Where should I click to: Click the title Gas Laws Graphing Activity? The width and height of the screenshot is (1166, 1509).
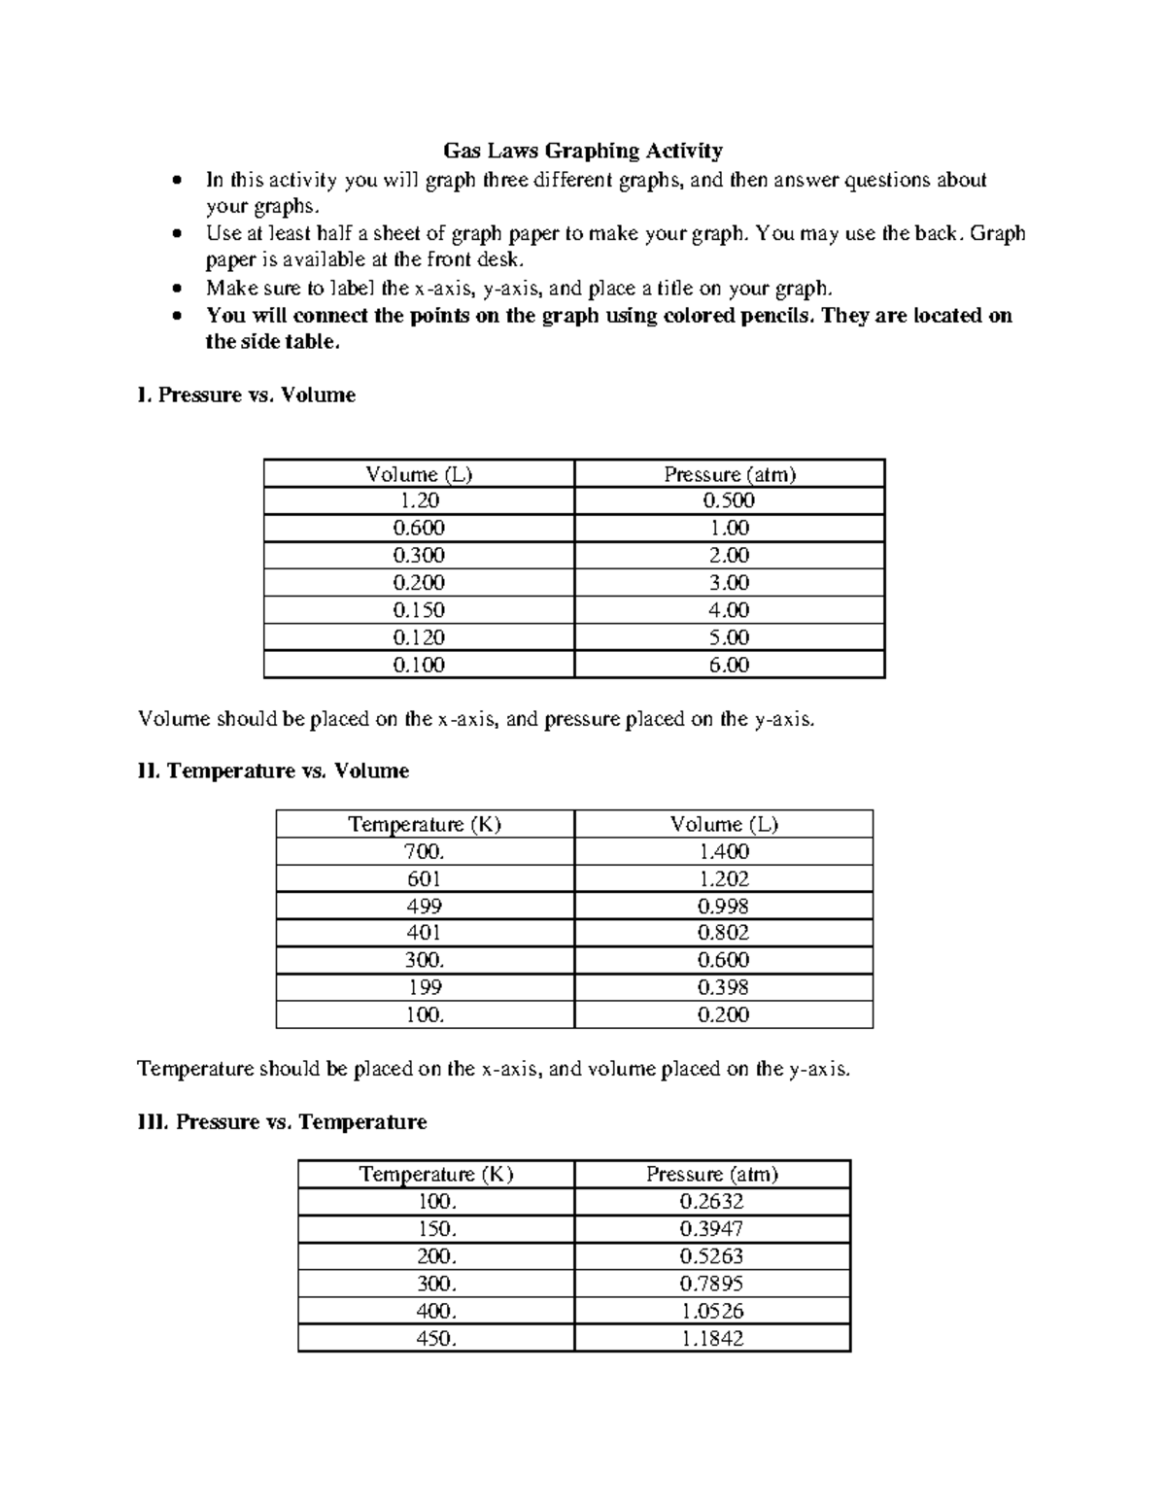click(x=583, y=151)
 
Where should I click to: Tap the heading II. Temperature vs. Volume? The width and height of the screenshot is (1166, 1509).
click(x=273, y=771)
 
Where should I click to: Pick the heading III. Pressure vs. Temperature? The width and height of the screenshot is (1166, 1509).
click(x=282, y=1122)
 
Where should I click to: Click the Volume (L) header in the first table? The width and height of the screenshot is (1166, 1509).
click(x=419, y=474)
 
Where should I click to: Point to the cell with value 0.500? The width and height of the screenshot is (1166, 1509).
click(x=730, y=500)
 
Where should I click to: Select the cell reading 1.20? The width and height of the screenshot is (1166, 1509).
click(x=419, y=500)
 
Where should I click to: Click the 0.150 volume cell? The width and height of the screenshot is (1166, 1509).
click(x=419, y=610)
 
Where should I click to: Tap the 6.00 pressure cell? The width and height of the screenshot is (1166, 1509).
click(x=730, y=666)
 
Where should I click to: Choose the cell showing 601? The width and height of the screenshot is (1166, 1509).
click(x=425, y=878)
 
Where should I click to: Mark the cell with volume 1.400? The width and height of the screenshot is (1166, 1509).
click(x=724, y=851)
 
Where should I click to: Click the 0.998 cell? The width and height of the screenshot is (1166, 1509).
click(x=724, y=906)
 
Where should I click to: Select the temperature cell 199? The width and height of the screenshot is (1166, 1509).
click(x=425, y=987)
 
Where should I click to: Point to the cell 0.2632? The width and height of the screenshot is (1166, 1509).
click(x=712, y=1201)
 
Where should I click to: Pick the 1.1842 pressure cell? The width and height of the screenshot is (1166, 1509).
click(x=712, y=1338)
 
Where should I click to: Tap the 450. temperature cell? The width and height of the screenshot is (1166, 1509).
click(x=436, y=1338)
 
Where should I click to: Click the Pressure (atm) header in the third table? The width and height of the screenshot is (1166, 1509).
click(x=712, y=1174)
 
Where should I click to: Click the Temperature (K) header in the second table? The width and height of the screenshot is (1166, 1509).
click(x=425, y=824)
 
